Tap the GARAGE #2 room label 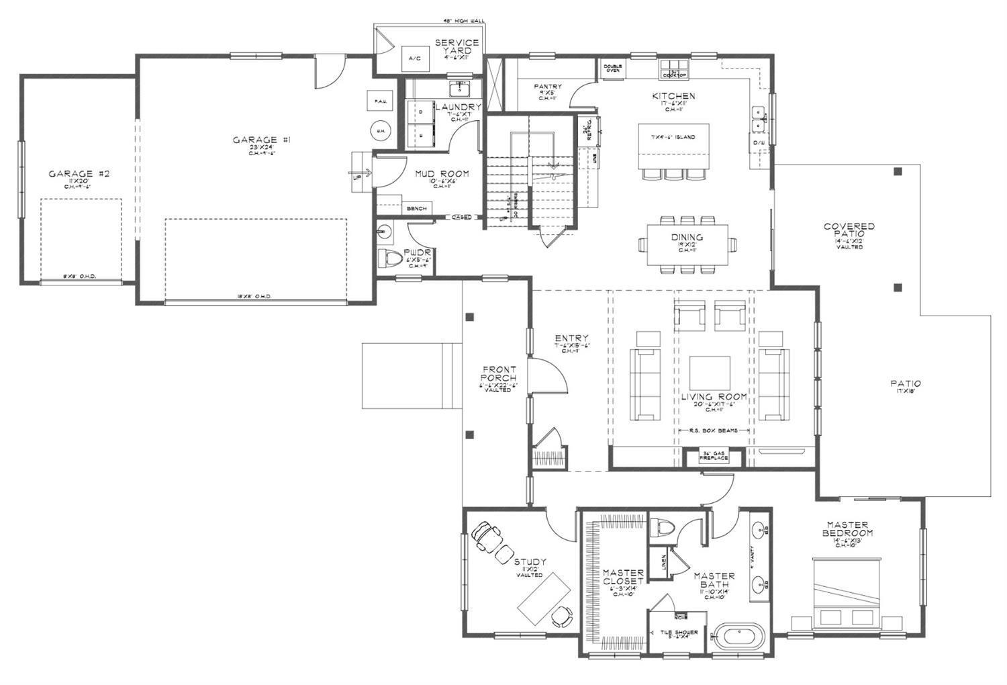point(79,174)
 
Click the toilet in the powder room point(391,258)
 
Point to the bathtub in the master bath point(738,635)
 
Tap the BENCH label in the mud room point(416,209)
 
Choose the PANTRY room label point(548,87)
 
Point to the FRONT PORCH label point(499,374)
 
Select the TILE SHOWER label point(679,633)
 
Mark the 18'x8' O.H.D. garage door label point(254,296)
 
